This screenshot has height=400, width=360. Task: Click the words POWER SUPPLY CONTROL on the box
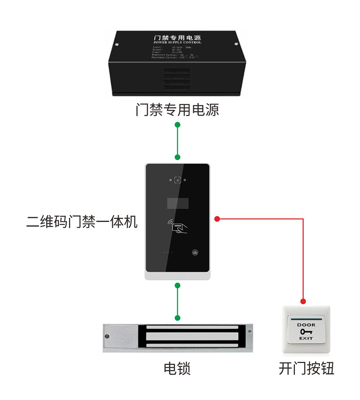click(x=178, y=43)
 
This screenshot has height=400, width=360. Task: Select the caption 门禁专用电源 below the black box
click(x=177, y=110)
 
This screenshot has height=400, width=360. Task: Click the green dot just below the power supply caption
click(x=177, y=125)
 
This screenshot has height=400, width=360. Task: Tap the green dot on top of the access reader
click(x=177, y=157)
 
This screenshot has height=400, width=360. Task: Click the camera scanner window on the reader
click(x=178, y=180)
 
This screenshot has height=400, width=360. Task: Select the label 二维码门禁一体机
click(x=82, y=222)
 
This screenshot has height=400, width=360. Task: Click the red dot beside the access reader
click(x=217, y=219)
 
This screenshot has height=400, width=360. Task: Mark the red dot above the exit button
click(x=303, y=302)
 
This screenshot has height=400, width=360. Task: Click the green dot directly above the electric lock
click(x=177, y=318)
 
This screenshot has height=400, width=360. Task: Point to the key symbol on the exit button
click(x=306, y=331)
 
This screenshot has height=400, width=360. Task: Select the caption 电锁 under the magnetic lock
click(x=177, y=368)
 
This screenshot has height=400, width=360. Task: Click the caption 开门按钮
click(x=306, y=368)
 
